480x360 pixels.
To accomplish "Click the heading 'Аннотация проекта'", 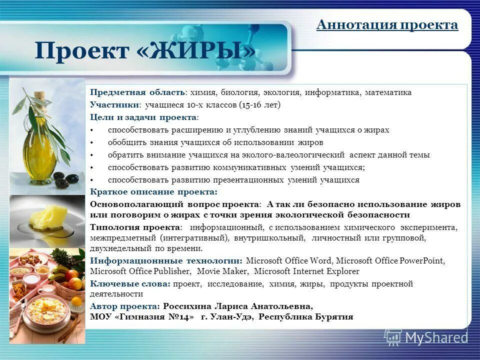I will (387, 25).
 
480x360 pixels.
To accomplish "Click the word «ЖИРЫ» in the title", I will (198, 50).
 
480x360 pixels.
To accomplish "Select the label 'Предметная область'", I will (137, 92).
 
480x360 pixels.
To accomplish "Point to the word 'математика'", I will (388, 92).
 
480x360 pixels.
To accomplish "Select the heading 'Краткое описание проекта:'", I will (154, 192).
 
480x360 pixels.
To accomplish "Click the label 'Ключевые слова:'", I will (130, 284).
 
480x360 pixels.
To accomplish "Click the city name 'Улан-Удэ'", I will (232, 317).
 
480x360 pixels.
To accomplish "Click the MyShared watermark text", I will (436, 338).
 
